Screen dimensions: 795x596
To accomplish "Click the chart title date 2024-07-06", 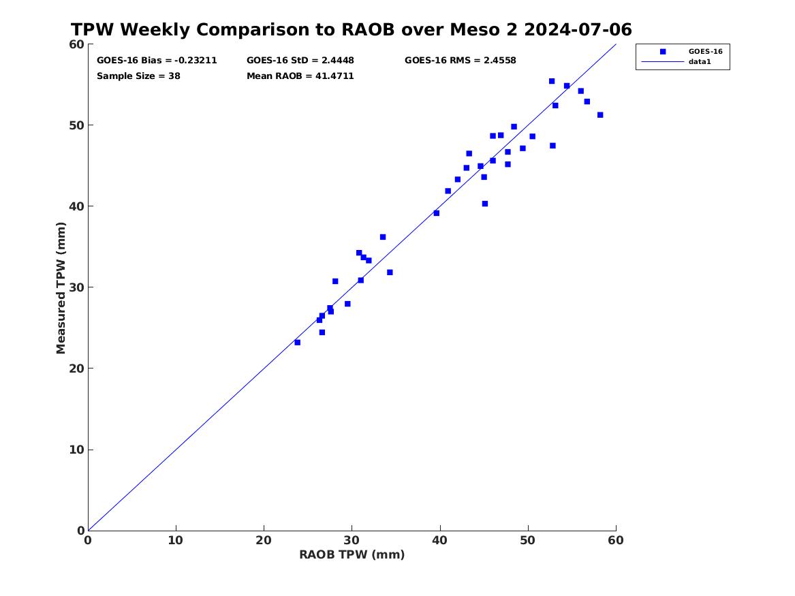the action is pyautogui.click(x=578, y=30).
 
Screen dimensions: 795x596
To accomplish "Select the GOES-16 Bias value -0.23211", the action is pyautogui.click(x=196, y=61).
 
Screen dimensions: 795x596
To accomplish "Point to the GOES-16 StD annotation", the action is pyautogui.click(x=300, y=61).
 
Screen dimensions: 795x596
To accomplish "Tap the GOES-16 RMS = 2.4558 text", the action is pyautogui.click(x=461, y=61).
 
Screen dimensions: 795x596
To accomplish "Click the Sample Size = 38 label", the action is pyautogui.click(x=138, y=76).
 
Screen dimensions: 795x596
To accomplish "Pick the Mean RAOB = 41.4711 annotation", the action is pyautogui.click(x=300, y=76).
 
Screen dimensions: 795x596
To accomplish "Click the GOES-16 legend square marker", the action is pyautogui.click(x=663, y=51).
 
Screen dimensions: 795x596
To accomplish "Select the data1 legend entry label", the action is pyautogui.click(x=700, y=62).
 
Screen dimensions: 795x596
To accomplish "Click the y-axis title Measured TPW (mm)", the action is pyautogui.click(x=61, y=288).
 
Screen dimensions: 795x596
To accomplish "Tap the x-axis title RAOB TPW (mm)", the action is pyautogui.click(x=352, y=554).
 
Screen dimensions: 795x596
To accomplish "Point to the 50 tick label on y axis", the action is pyautogui.click(x=76, y=125).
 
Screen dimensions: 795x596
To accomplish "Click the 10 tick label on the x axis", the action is pyautogui.click(x=176, y=540).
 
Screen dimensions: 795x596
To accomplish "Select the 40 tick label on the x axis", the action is pyautogui.click(x=439, y=540).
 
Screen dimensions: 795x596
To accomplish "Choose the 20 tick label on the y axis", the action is pyautogui.click(x=76, y=368).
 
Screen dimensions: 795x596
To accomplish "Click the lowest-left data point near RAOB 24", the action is pyautogui.click(x=297, y=343).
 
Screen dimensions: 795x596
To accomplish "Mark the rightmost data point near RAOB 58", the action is pyautogui.click(x=600, y=115).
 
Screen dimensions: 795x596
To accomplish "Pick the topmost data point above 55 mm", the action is pyautogui.click(x=552, y=81).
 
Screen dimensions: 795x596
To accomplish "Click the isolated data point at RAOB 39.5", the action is pyautogui.click(x=436, y=213).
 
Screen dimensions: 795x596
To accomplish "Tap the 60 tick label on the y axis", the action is pyautogui.click(x=76, y=44).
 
